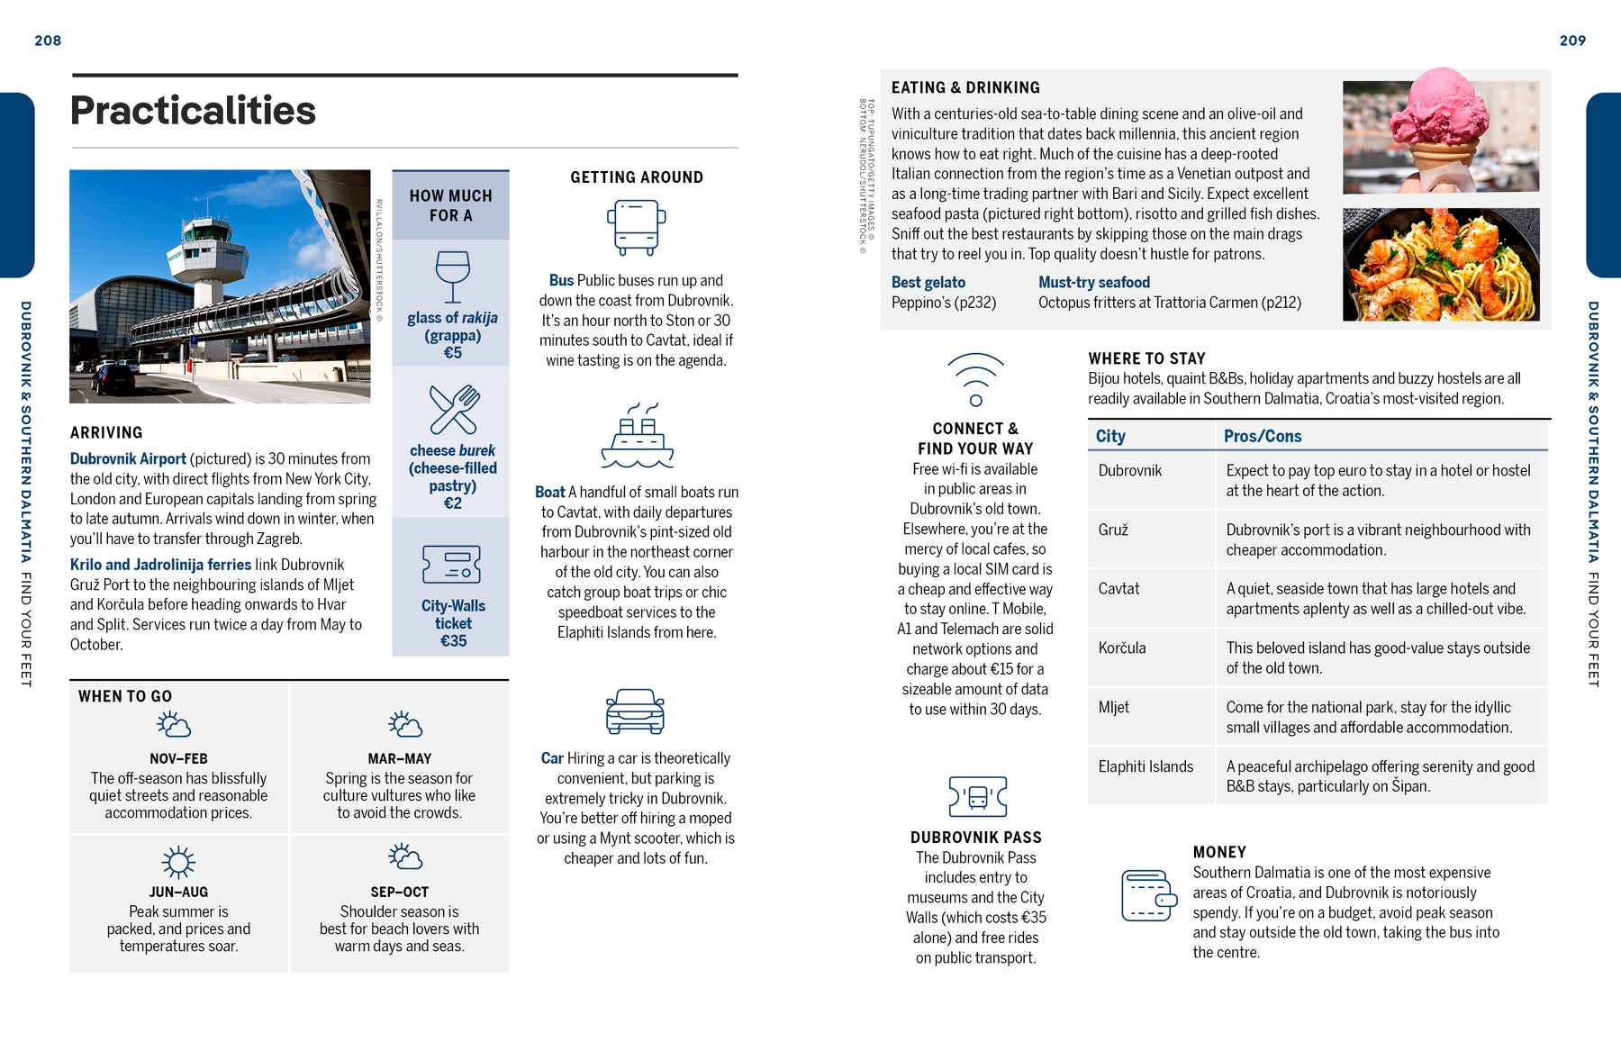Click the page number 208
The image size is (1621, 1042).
48,41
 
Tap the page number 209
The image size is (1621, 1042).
1572,41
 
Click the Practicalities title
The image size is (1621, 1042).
193,111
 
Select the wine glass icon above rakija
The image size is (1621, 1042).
452,276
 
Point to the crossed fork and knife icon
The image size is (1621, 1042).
454,410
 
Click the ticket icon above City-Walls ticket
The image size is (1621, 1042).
451,565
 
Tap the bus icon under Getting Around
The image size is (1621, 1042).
636,227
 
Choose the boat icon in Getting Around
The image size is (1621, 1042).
637,436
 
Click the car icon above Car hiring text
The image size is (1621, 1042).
635,711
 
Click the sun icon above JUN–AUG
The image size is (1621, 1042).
178,862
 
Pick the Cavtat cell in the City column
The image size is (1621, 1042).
1118,589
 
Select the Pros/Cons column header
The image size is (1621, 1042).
1262,436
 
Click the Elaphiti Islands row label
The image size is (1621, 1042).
1146,766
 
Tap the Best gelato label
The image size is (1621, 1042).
928,282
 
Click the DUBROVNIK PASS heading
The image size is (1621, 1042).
975,838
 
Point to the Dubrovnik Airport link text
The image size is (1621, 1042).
128,458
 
